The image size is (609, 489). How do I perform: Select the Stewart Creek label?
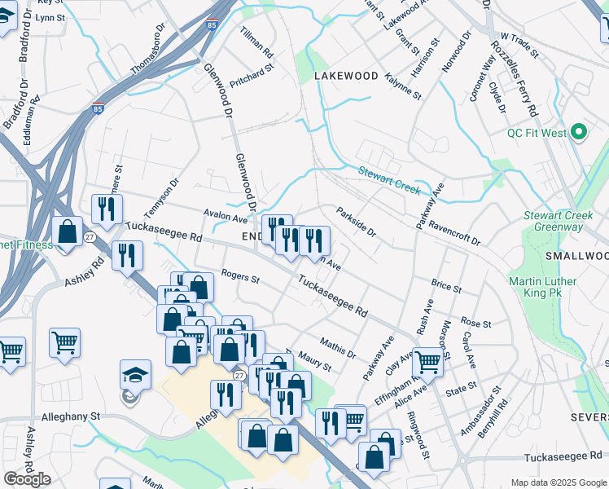[389, 180]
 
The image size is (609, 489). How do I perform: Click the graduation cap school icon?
[135, 375]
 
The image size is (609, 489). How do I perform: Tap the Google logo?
[28, 479]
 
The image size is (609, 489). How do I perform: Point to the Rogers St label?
[240, 279]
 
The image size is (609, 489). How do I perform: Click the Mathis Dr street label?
[338, 347]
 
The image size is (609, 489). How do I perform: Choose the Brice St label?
[446, 288]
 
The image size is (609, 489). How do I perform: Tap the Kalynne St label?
[405, 85]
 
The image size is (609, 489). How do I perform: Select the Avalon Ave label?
[225, 218]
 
